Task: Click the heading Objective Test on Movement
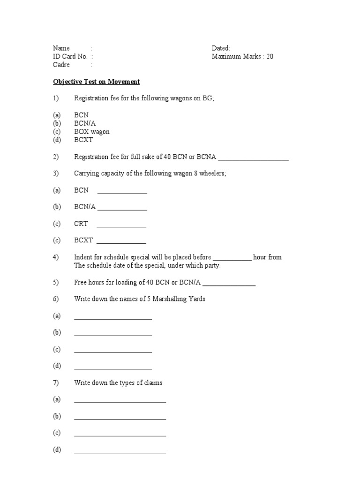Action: click(96, 82)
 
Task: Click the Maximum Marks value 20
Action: click(270, 57)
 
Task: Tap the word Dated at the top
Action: click(220, 48)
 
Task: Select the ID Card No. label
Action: click(70, 57)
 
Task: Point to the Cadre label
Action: click(61, 65)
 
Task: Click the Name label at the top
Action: click(61, 48)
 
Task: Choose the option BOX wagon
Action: click(91, 132)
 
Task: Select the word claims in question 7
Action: click(153, 383)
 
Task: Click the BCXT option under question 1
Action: click(83, 140)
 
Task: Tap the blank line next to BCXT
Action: click(121, 243)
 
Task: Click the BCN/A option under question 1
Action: click(85, 123)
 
